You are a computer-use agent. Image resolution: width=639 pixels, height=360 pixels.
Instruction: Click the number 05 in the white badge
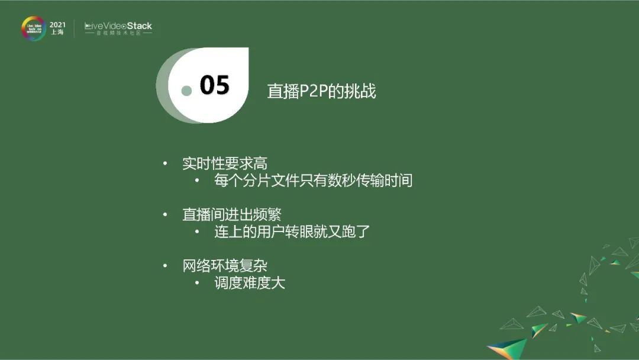coord(214,85)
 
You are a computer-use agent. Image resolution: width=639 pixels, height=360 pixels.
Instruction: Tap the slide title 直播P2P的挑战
coord(321,91)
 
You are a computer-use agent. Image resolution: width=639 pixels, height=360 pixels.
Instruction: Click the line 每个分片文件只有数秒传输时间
coord(313,181)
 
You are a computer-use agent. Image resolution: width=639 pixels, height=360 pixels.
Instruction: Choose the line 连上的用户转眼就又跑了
coord(292,232)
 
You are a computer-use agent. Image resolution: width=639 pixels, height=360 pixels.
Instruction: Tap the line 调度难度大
coord(250,283)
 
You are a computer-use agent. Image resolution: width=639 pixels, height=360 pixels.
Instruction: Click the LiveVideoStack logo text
coord(118,26)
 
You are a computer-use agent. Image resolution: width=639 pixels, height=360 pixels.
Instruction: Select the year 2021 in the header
coord(57,24)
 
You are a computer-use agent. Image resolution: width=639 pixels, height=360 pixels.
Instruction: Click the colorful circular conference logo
coord(33,28)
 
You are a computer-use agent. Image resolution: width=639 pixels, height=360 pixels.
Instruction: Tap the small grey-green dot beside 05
coord(186,91)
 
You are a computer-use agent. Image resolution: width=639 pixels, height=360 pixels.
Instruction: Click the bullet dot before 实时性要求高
coord(166,164)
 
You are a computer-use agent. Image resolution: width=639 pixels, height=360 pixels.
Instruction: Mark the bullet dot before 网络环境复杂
coord(166,266)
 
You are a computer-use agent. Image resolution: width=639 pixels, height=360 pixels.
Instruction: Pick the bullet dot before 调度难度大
coord(197,283)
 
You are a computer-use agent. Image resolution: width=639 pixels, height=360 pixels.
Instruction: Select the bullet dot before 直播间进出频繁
coord(166,214)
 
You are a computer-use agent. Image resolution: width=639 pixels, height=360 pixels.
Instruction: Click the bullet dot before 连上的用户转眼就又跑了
coord(197,232)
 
